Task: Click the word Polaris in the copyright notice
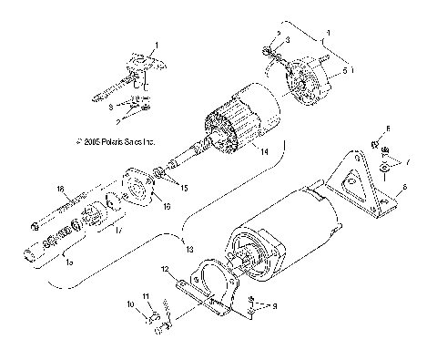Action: (115, 141)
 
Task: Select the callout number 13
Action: (188, 249)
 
